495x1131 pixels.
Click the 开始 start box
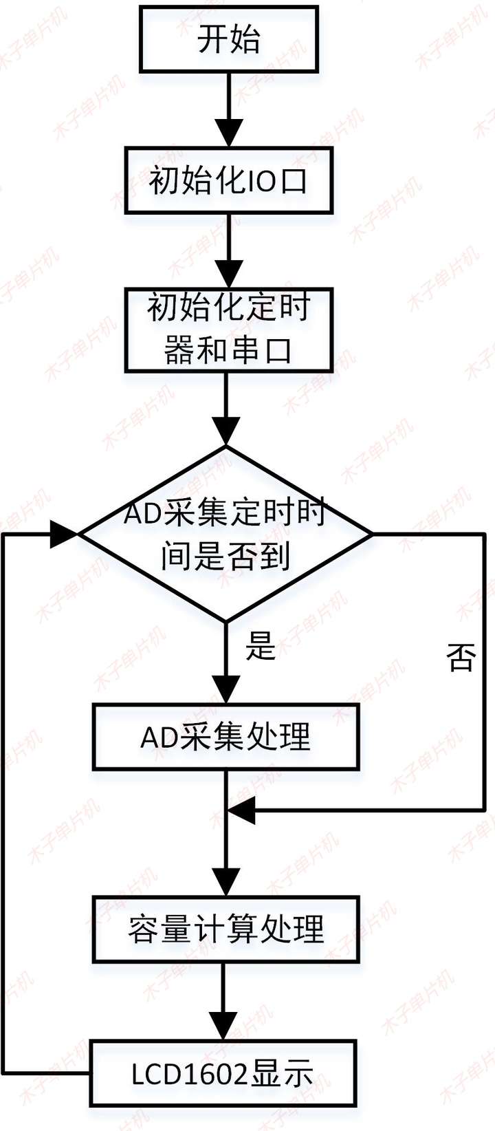coord(229,39)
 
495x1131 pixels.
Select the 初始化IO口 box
coord(229,181)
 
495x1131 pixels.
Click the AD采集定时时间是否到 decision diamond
coord(225,534)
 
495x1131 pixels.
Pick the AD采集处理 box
coord(225,737)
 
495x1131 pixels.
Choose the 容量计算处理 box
coord(225,929)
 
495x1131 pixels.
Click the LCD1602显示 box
coord(223,1073)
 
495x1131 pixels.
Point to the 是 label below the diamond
coord(261,646)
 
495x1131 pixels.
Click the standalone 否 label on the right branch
coord(461,658)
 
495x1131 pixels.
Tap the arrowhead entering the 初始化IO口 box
coord(229,134)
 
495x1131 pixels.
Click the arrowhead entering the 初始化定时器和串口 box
coord(229,275)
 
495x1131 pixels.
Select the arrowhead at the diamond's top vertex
coord(225,432)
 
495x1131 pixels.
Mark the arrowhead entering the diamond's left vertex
coord(65,534)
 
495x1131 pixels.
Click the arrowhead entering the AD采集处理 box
coord(225,690)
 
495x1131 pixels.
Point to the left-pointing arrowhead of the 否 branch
coord(241,810)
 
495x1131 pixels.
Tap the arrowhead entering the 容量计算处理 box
coord(225,883)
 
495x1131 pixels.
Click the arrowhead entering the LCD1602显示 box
coord(223,1026)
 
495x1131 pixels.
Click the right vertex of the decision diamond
coord(371,534)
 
